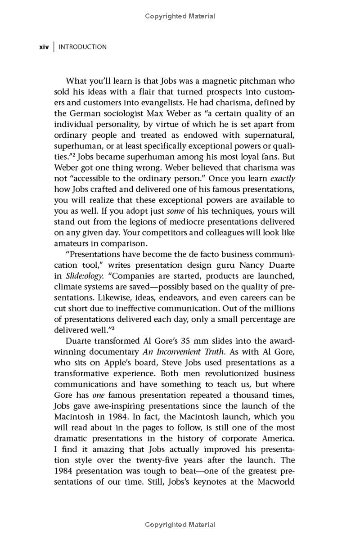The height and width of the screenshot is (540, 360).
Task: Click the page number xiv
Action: (44, 47)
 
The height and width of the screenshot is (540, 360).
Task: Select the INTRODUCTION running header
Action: (83, 47)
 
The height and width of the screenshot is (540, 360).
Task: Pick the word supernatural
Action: (267, 135)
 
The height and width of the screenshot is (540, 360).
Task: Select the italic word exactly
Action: (283, 178)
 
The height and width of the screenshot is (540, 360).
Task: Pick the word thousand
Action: (257, 395)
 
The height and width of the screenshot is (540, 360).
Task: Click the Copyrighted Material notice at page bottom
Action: (180, 525)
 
